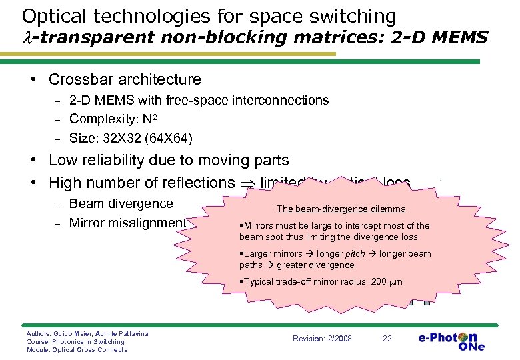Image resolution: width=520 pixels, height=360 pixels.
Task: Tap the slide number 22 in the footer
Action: (387, 339)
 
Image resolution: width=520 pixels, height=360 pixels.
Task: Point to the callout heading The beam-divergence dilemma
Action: (341, 209)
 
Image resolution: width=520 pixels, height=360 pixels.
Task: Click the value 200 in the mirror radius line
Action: (379, 281)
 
